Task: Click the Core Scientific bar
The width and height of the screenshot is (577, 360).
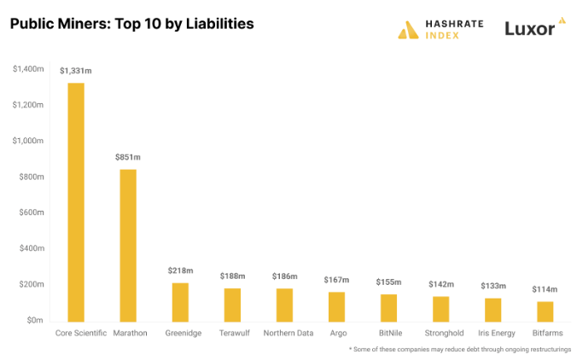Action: click(76, 201)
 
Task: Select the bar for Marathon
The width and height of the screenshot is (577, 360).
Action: click(128, 245)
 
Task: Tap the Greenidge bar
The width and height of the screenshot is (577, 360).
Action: click(180, 301)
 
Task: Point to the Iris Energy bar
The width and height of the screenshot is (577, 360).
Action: click(492, 309)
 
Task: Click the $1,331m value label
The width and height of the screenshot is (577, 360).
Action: click(76, 71)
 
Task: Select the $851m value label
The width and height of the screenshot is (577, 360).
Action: click(128, 157)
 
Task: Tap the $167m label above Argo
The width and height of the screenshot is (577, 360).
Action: click(337, 280)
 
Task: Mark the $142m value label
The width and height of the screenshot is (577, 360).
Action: click(440, 284)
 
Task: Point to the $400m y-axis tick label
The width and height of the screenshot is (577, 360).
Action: click(32, 248)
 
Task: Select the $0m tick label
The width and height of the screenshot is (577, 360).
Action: click(34, 321)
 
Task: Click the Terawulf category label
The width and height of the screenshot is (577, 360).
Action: click(232, 334)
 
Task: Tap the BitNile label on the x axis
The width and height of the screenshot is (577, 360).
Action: click(388, 334)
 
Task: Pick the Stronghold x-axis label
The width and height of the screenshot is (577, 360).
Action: click(440, 334)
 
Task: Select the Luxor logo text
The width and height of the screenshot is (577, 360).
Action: click(529, 28)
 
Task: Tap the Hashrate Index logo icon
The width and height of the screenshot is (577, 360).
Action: click(409, 29)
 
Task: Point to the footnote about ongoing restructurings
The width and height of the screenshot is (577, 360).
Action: click(459, 350)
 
